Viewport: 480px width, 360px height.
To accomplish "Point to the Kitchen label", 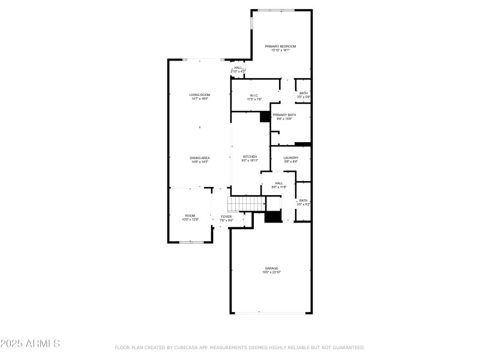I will (250, 158).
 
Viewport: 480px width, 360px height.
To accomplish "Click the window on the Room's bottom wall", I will (191, 242).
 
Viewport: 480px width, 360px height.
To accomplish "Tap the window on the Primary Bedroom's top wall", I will (276, 10).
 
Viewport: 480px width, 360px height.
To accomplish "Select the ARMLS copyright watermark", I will (30, 344).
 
